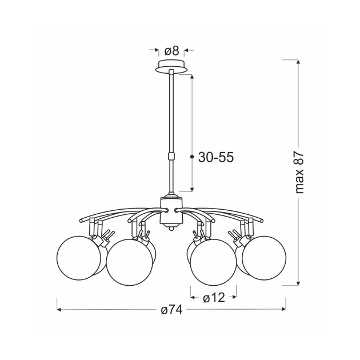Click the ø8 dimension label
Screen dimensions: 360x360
pyautogui.click(x=172, y=51)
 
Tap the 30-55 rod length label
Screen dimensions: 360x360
pyautogui.click(x=216, y=157)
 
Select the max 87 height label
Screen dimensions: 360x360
pyautogui.click(x=299, y=173)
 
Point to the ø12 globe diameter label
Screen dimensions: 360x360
pyautogui.click(x=214, y=298)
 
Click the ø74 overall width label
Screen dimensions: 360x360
pyautogui.click(x=172, y=310)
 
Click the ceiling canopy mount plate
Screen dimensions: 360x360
pyautogui.click(x=171, y=67)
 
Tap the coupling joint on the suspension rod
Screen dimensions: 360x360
pyautogui.click(x=171, y=156)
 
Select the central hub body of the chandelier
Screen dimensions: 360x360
pyautogui.click(x=171, y=210)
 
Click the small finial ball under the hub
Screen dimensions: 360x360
pyautogui.click(x=171, y=229)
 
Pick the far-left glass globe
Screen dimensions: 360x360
pyautogui.click(x=79, y=258)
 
